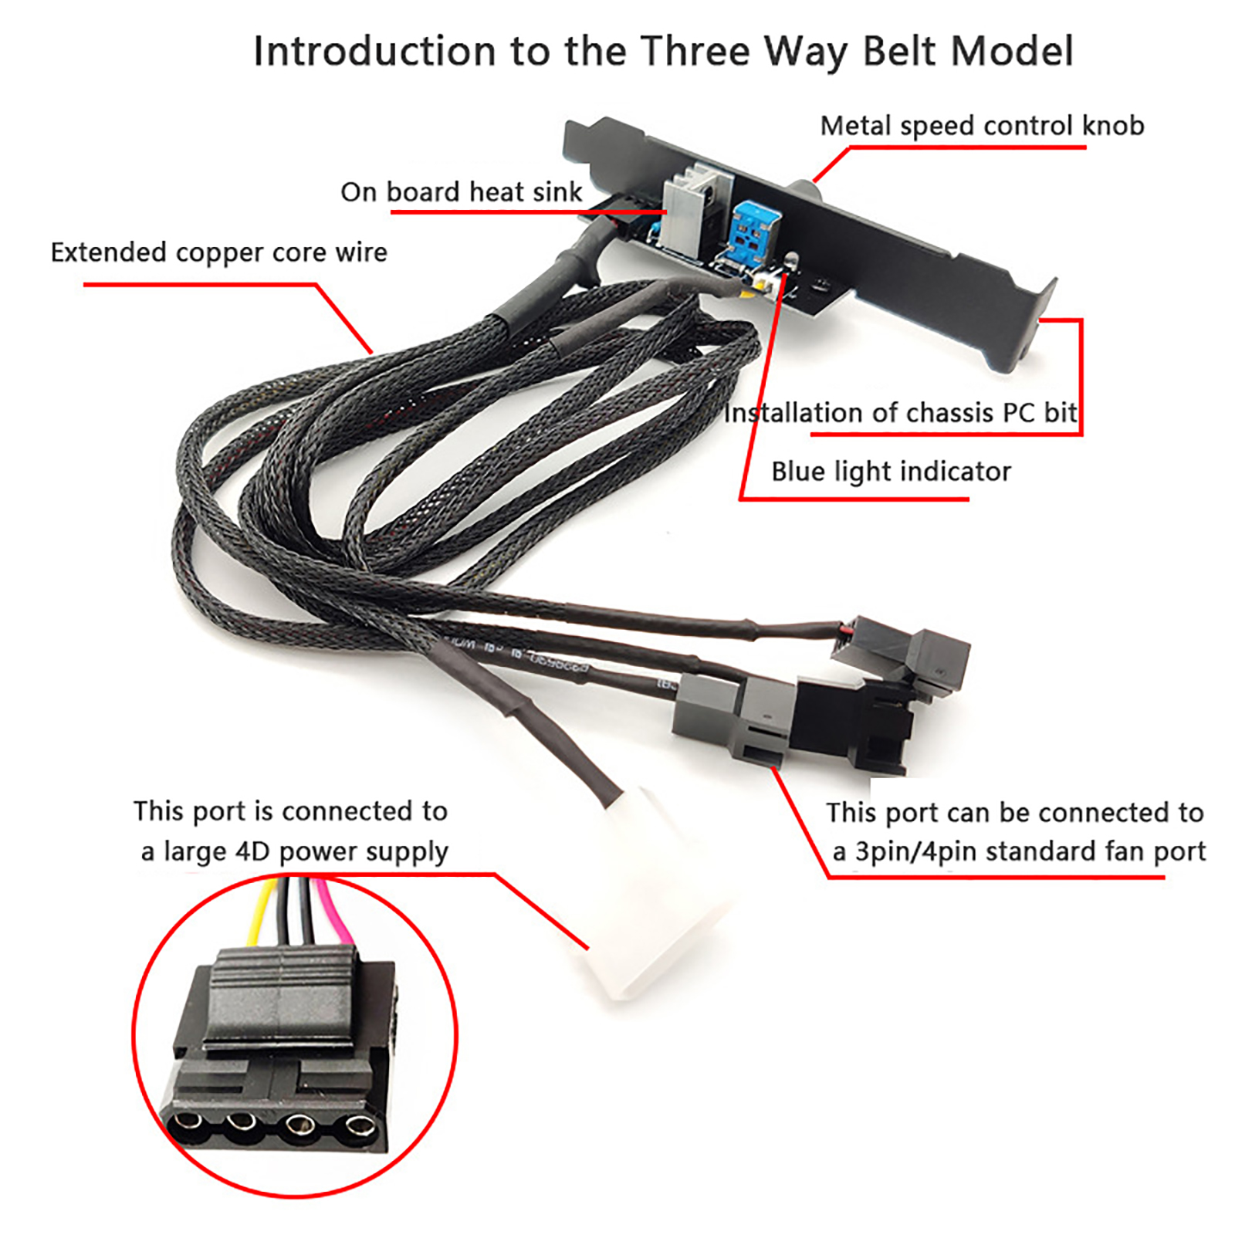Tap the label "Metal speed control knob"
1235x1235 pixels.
[982, 126]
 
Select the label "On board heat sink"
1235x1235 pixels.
[461, 191]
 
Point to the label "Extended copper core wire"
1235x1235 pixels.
[218, 252]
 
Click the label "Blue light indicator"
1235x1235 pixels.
[891, 471]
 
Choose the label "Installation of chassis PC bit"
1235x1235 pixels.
[900, 413]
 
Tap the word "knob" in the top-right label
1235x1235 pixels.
[1112, 125]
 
